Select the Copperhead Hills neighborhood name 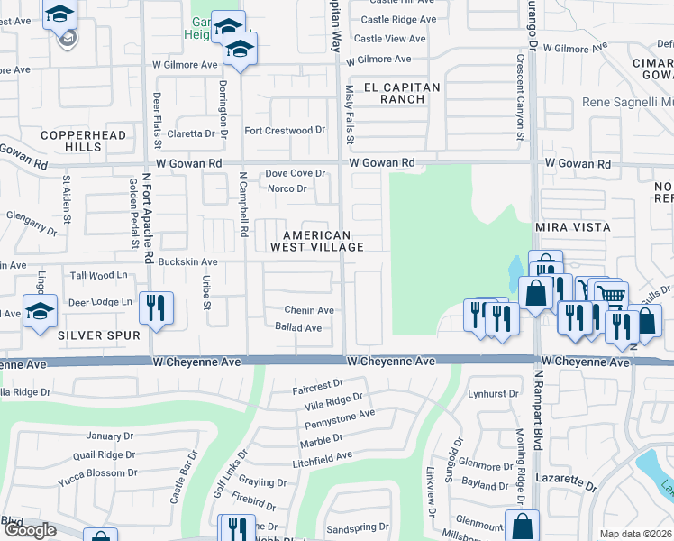(70, 141)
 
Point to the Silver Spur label (99, 335)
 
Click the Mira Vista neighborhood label (573, 227)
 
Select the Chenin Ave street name (309, 310)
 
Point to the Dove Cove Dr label (295, 173)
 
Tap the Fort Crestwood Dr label (285, 131)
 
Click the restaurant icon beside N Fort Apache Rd (158, 308)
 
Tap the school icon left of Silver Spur (41, 311)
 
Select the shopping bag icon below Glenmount (522, 525)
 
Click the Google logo (30, 531)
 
